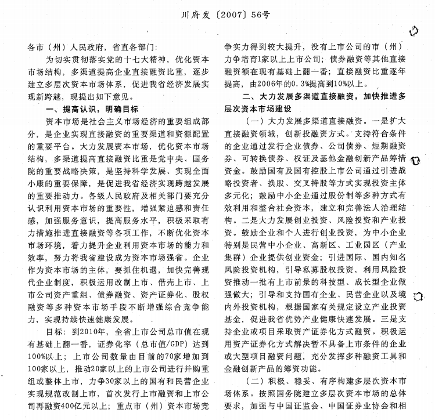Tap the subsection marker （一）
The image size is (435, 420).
click(257, 121)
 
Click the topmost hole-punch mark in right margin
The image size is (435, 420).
click(414, 30)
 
